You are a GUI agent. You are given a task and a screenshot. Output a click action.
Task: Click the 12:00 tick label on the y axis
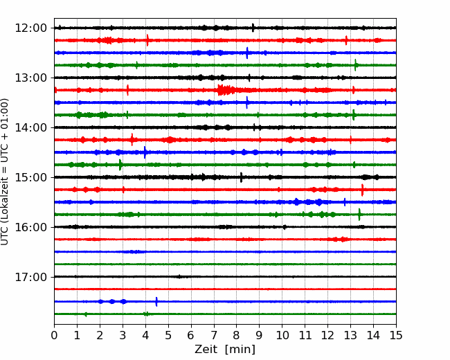click(30, 28)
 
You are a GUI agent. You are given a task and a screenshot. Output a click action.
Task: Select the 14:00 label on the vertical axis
click(30, 127)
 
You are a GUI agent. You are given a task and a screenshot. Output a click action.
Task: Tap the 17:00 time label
click(30, 277)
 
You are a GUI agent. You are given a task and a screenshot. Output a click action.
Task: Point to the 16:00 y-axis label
click(30, 227)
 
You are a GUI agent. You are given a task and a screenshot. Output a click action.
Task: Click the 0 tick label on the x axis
click(54, 335)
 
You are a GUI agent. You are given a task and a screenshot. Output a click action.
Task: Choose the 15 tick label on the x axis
click(396, 335)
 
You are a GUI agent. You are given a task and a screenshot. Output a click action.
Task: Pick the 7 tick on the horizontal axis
click(214, 335)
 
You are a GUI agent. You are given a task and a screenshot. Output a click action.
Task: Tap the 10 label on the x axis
click(282, 335)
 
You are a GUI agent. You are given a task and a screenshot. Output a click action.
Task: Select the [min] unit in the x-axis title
click(240, 350)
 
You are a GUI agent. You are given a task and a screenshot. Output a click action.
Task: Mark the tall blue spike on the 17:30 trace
click(156, 302)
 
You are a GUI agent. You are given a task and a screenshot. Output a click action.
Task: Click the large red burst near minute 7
click(226, 90)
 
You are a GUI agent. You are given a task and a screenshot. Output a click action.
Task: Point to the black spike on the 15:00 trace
click(241, 177)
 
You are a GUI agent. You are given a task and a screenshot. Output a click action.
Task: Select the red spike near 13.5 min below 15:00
click(362, 190)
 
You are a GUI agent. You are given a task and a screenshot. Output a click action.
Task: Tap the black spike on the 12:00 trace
click(253, 28)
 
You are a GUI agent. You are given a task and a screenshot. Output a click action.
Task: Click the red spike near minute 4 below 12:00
click(147, 40)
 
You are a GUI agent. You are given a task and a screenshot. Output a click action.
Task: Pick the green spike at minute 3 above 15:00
click(120, 165)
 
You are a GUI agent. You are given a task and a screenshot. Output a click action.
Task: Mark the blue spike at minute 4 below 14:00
click(145, 152)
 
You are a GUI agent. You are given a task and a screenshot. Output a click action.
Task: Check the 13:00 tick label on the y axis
click(30, 78)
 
